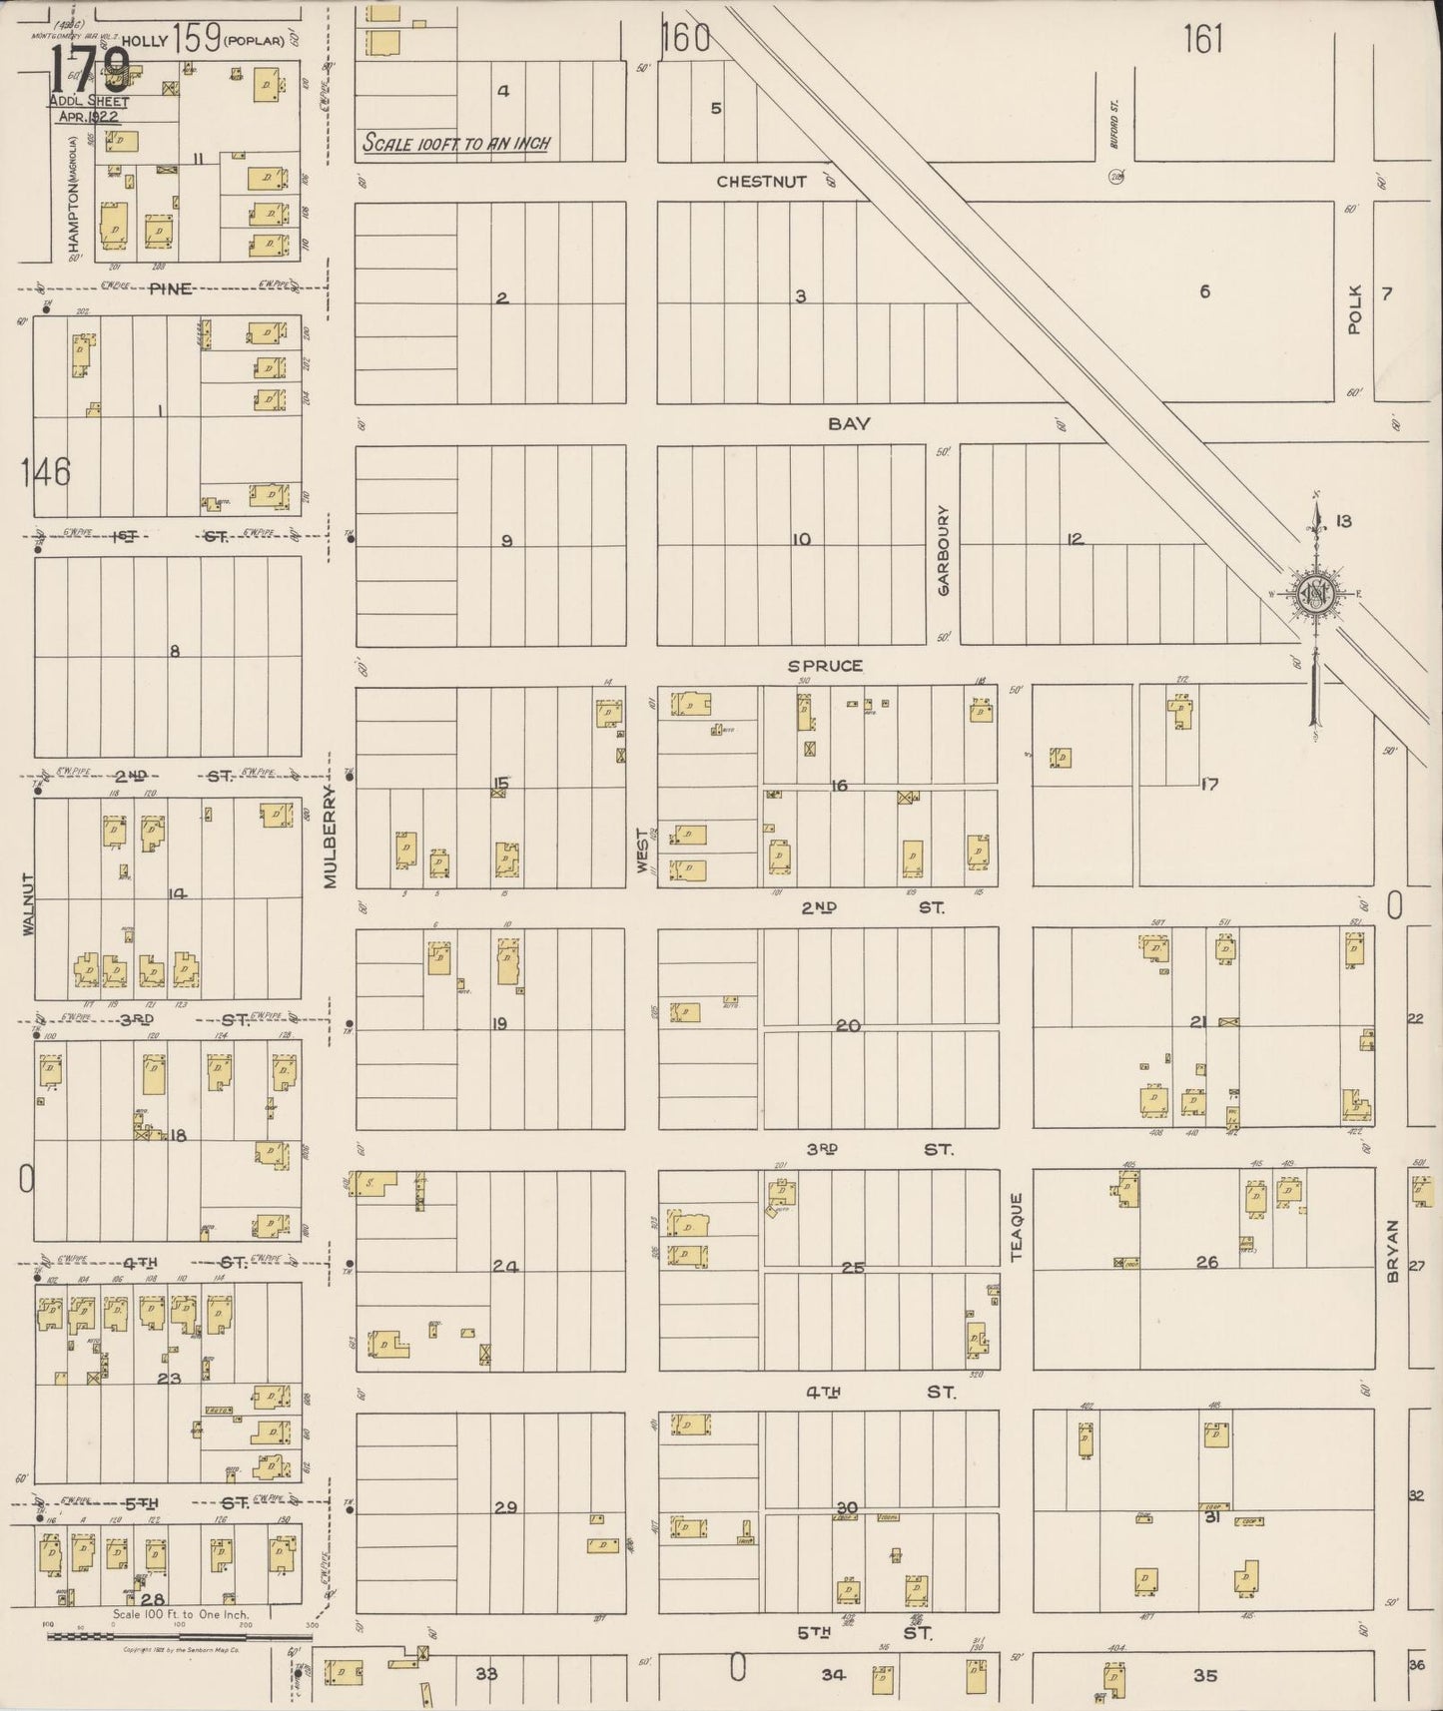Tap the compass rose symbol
[1316, 593]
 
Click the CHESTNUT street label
[761, 182]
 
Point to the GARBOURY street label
[943, 550]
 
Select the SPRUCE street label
[824, 666]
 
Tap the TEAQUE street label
[1017, 1227]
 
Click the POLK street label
[1354, 308]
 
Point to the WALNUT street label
[28, 904]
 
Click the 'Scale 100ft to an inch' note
[456, 144]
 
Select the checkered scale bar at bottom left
[180, 1636]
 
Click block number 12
[1075, 540]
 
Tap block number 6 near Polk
[1204, 291]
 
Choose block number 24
[505, 1267]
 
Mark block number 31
[1212, 1517]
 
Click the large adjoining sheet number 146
[46, 470]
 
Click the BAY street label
[849, 424]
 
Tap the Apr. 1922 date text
[88, 116]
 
